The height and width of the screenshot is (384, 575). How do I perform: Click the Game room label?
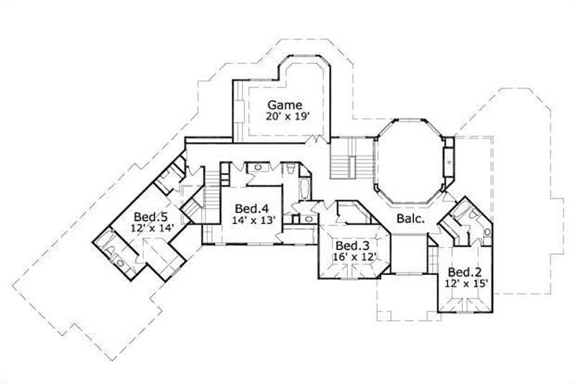point(285,103)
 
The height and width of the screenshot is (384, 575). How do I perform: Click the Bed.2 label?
point(464,272)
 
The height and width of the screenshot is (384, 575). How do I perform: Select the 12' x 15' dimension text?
point(468,284)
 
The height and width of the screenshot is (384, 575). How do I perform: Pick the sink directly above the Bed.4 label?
point(257,169)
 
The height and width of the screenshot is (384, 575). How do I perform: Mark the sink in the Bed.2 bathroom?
point(487,231)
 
